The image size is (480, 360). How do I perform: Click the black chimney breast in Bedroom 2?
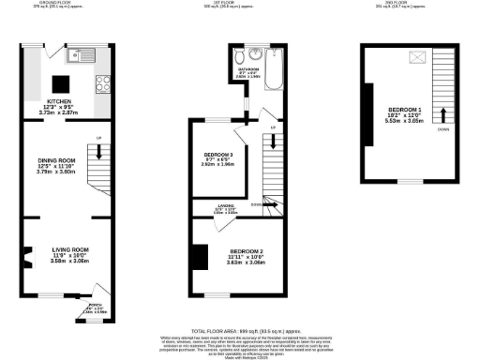point(199,254)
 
